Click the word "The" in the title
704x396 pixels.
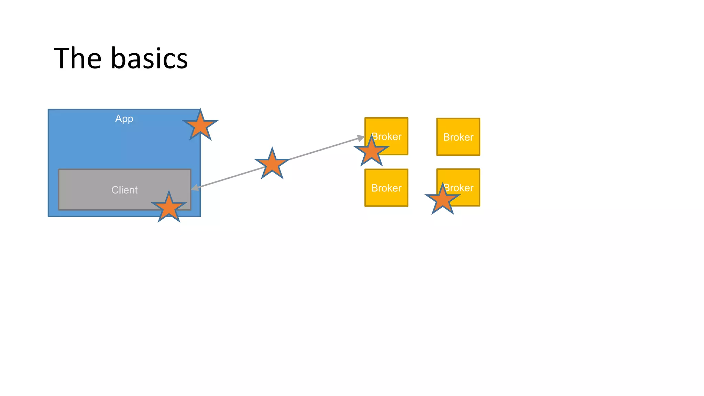pyautogui.click(x=77, y=58)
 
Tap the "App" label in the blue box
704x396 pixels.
pyautogui.click(x=124, y=119)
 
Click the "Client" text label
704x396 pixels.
pyautogui.click(x=124, y=190)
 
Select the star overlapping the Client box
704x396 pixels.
pyautogui.click(x=169, y=207)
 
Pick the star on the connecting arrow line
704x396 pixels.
pyautogui.click(x=272, y=164)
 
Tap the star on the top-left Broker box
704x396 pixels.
pyautogui.click(x=371, y=151)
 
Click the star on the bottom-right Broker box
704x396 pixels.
pyautogui.click(x=442, y=199)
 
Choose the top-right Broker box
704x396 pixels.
pyautogui.click(x=458, y=137)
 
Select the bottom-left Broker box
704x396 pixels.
pyautogui.click(x=386, y=188)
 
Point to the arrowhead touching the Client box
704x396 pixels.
pyautogui.click(x=195, y=188)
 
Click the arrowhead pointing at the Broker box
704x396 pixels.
pyautogui.click(x=361, y=138)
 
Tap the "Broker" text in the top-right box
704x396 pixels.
pyautogui.click(x=458, y=137)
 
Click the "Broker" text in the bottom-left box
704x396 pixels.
pyautogui.click(x=386, y=188)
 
